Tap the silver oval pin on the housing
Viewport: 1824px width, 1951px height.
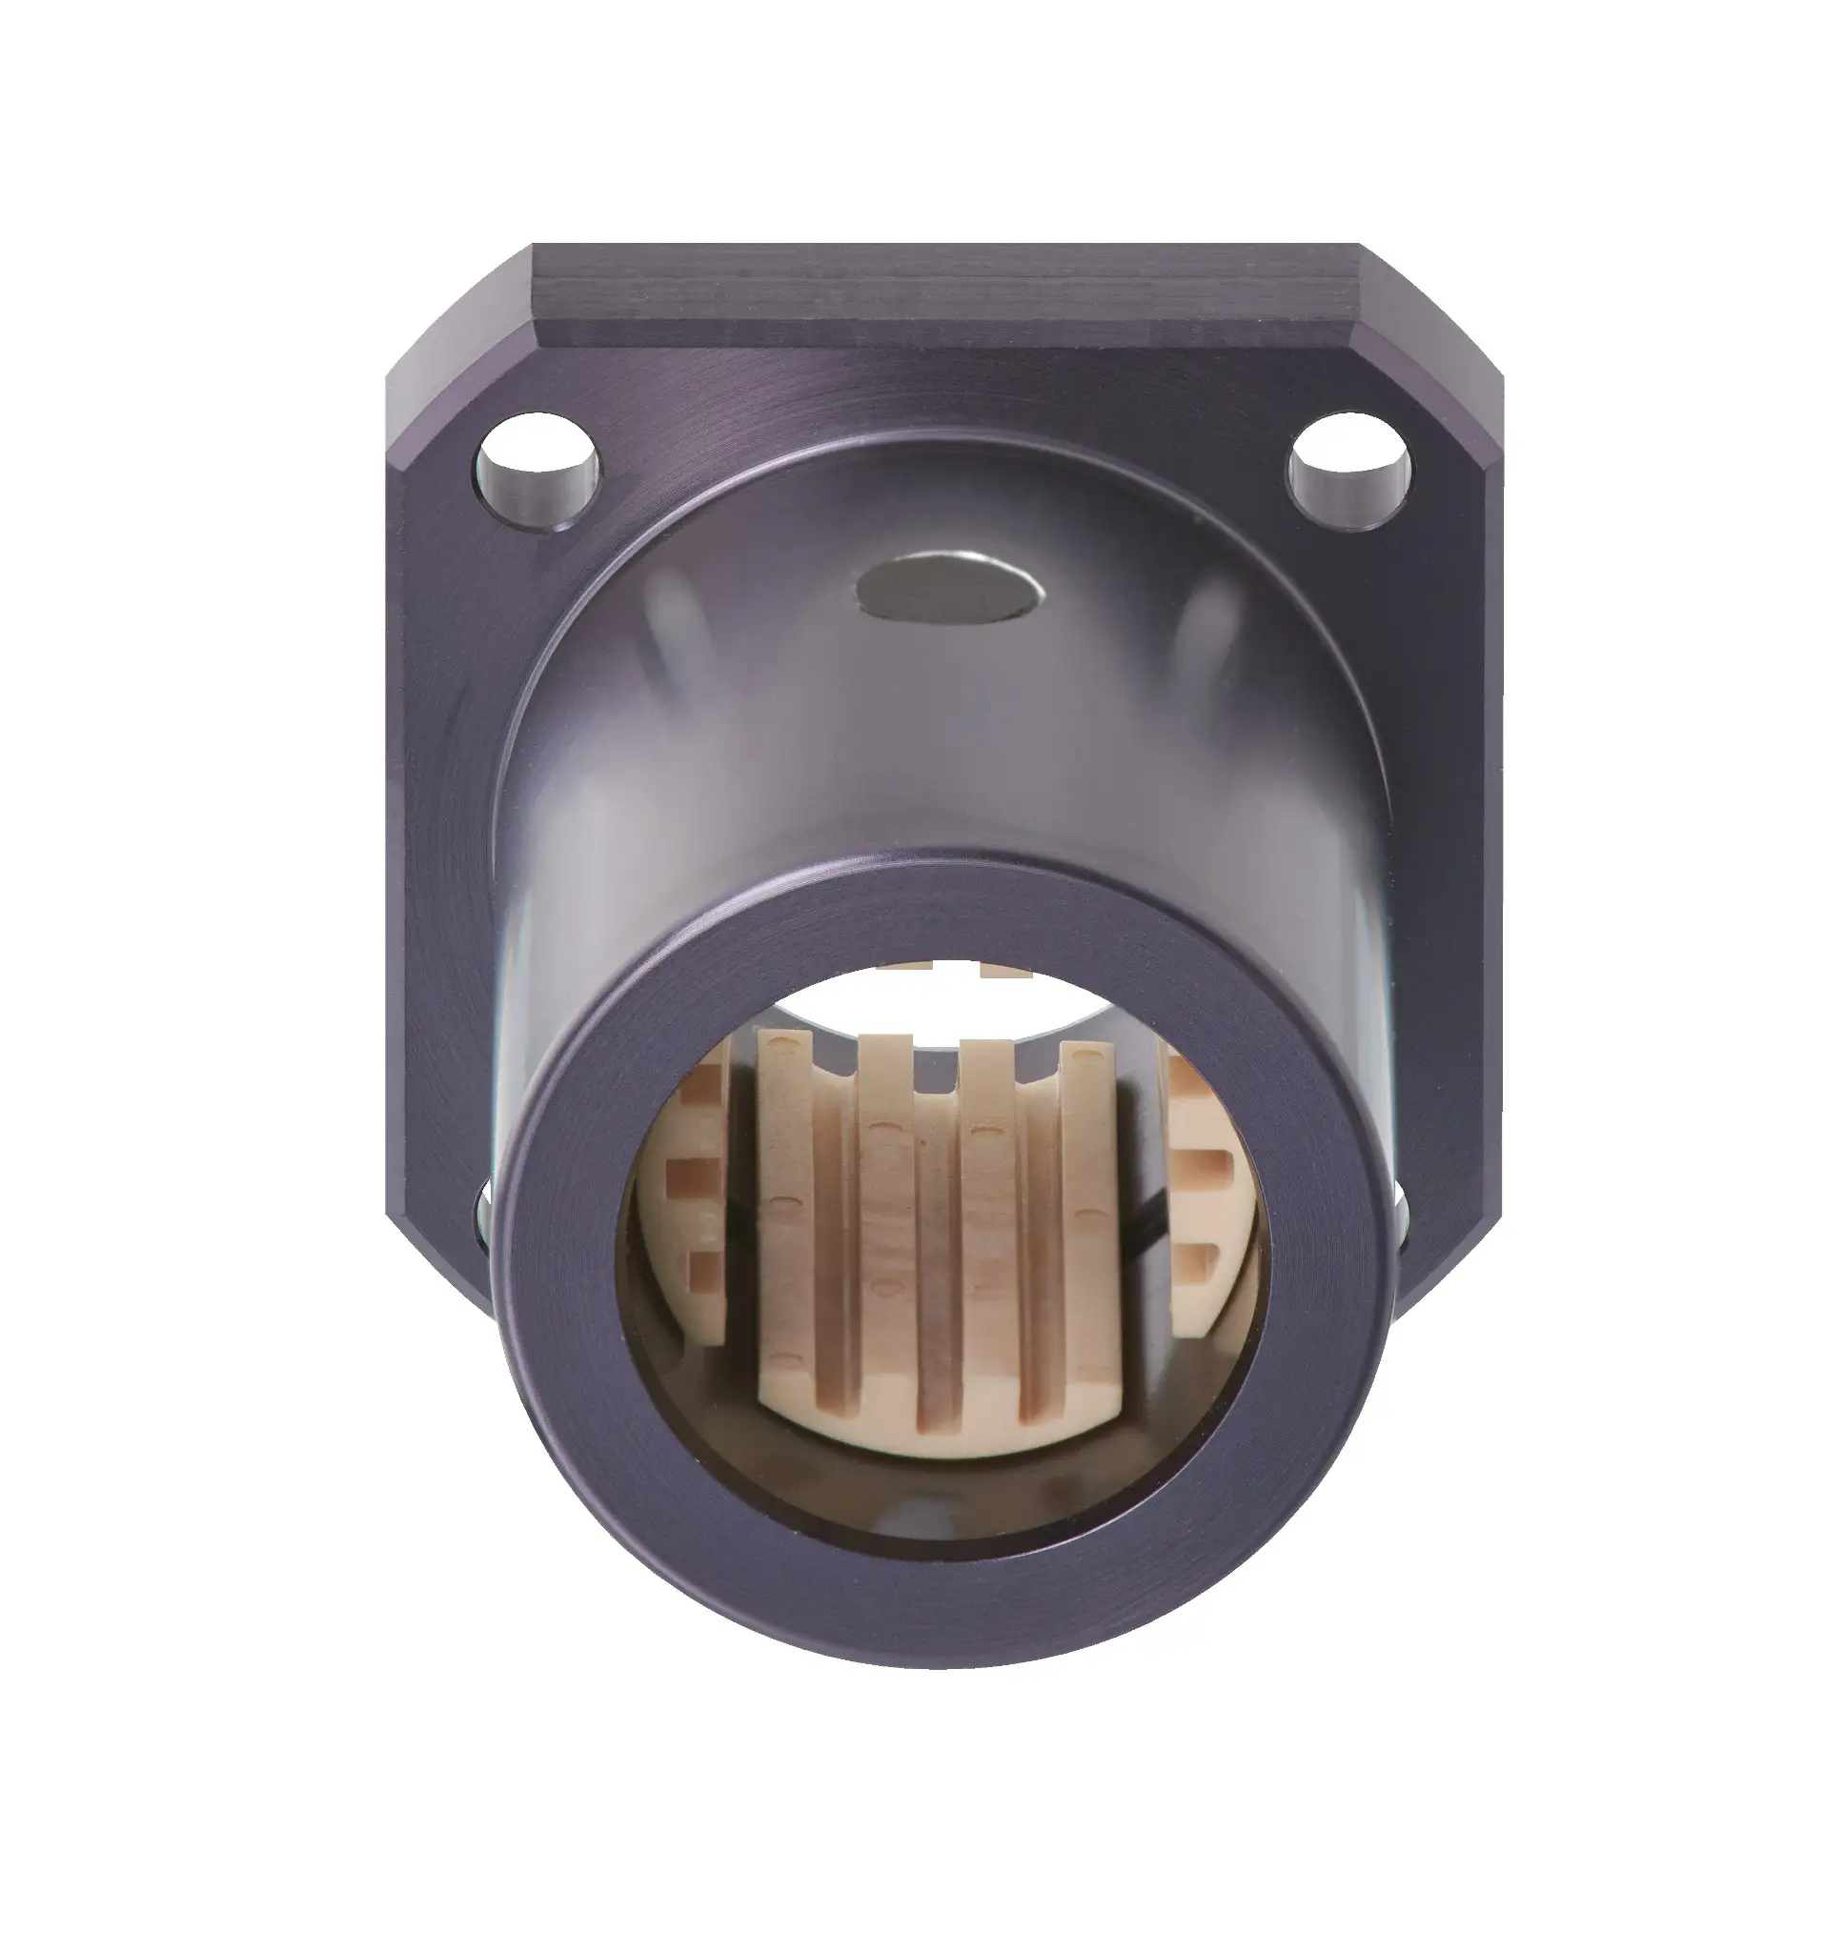coord(947,587)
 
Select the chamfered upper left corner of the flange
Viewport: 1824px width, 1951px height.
coord(456,310)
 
